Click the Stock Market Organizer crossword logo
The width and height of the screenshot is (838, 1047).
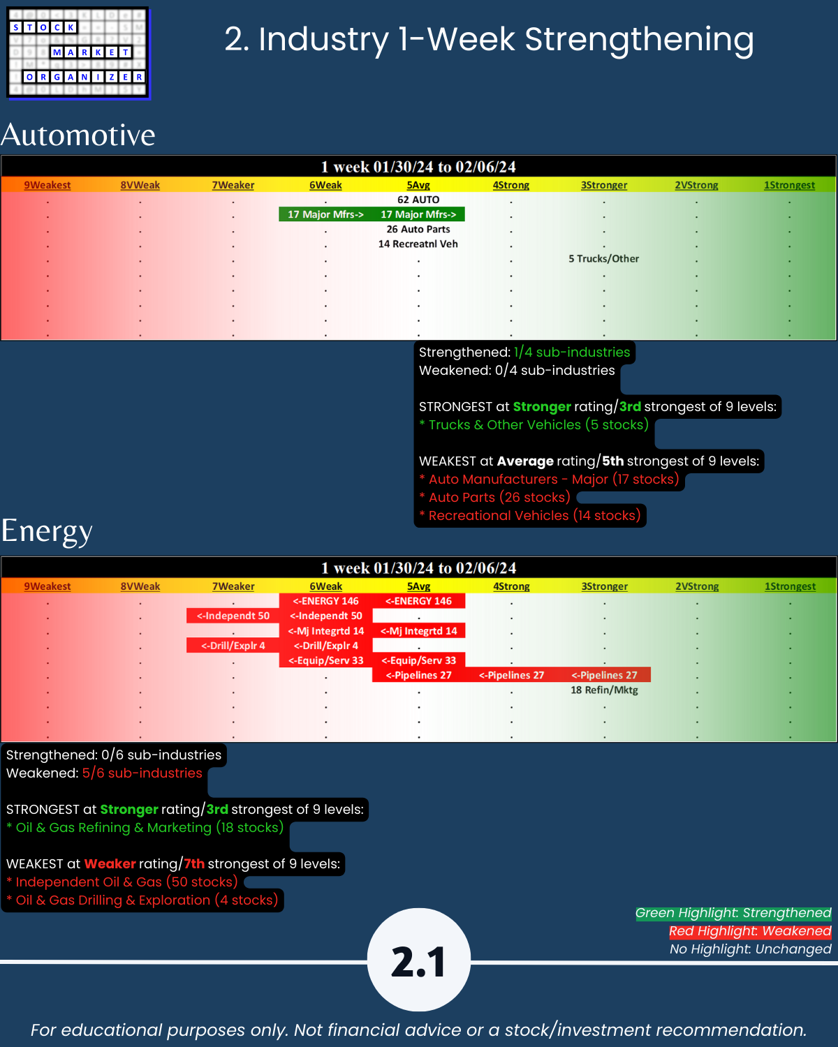(78, 53)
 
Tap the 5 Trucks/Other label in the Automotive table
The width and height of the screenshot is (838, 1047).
(603, 258)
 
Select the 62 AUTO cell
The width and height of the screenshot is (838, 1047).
(418, 200)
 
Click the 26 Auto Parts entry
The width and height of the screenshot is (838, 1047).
(418, 229)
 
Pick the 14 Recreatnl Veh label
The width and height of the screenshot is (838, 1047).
(418, 244)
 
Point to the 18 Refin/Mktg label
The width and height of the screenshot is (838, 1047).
(604, 690)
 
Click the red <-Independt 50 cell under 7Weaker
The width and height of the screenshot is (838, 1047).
(233, 616)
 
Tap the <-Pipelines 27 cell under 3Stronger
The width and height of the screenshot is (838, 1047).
(604, 675)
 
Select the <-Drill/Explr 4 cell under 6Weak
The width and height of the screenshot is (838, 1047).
(325, 646)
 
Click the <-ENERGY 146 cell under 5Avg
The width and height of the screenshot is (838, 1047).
(418, 601)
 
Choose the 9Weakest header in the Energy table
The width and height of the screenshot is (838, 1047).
(47, 586)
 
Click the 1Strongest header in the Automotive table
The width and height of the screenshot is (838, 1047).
(789, 185)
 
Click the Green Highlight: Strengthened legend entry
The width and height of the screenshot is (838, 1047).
(733, 913)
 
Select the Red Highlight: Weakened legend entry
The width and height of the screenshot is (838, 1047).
(750, 931)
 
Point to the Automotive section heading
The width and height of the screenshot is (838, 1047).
(78, 135)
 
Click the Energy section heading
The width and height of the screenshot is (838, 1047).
(47, 530)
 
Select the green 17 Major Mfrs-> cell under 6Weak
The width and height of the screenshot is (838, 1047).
(325, 214)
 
